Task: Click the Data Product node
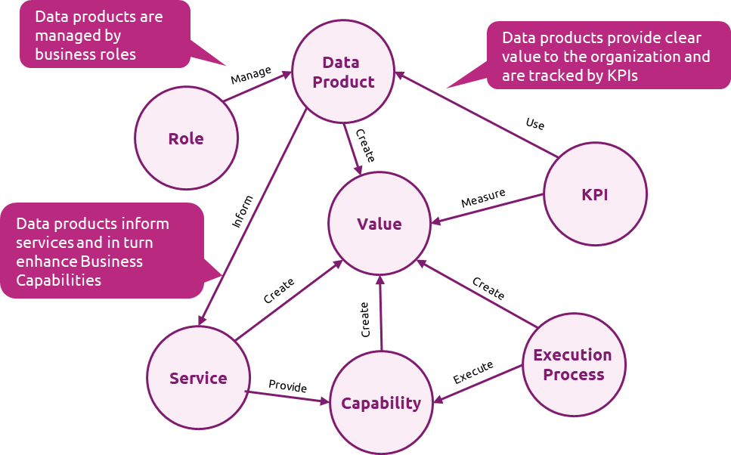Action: pos(343,72)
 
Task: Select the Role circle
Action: pos(186,138)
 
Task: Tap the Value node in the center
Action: pos(379,224)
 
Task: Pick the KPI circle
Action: pos(595,194)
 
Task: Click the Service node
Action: pos(198,378)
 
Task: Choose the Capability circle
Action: pos(381,403)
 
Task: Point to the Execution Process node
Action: pos(573,364)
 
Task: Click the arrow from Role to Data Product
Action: pos(257,87)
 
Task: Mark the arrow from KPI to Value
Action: pos(488,209)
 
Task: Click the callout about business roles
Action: pos(104,35)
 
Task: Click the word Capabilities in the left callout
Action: pos(59,280)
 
